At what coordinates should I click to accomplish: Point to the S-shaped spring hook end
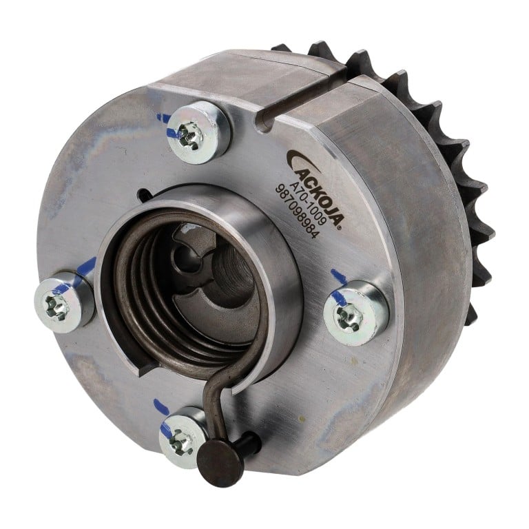pyautogui.click(x=216, y=402)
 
